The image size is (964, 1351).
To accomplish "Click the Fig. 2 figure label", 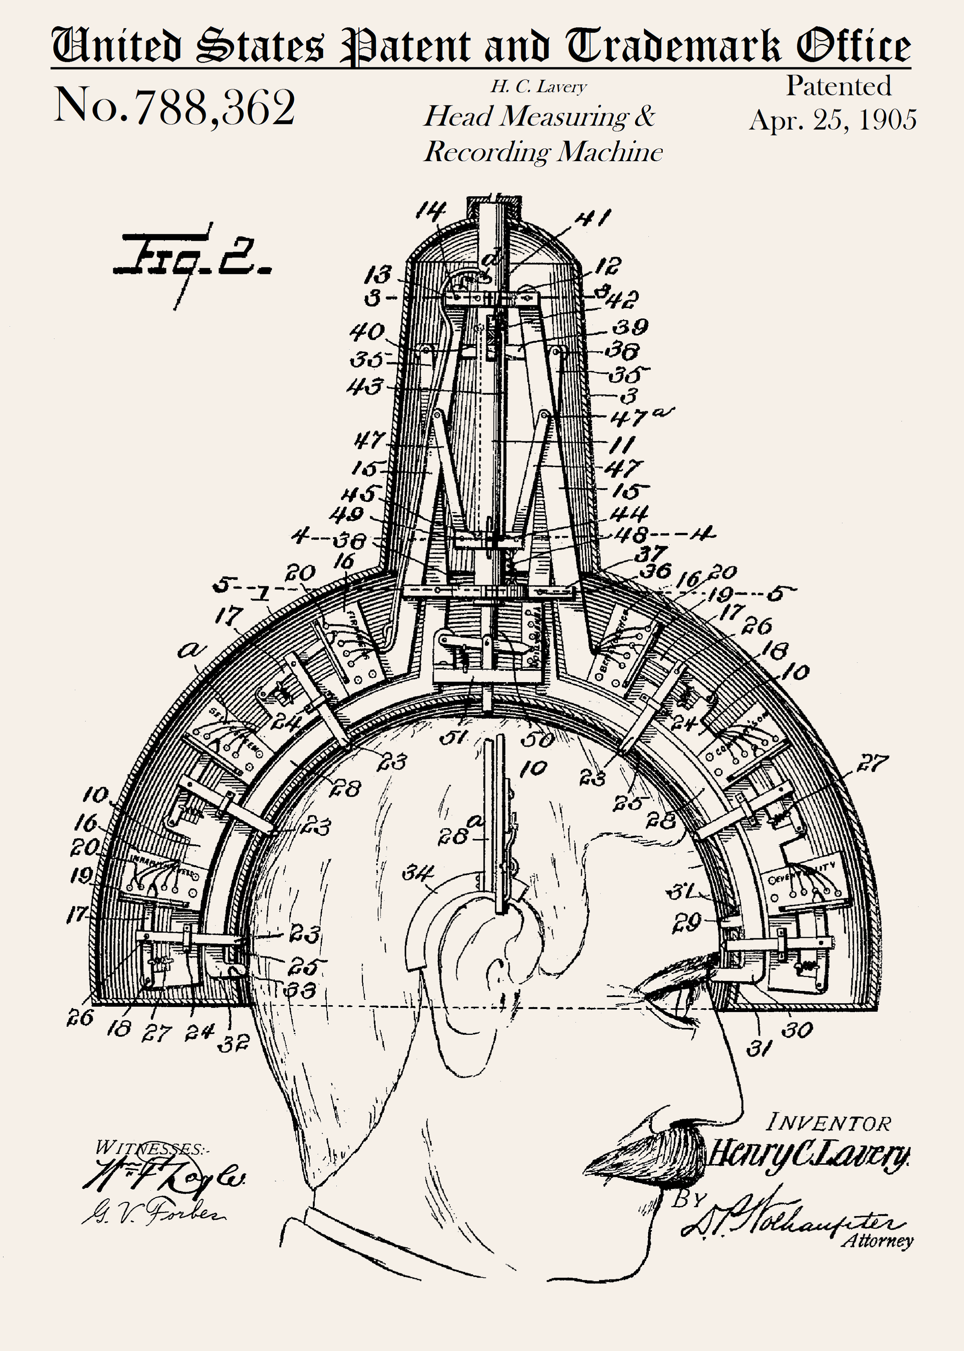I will pos(193,257).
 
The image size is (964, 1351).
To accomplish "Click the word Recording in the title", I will pos(487,152).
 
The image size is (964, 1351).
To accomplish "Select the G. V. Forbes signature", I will pos(154,1211).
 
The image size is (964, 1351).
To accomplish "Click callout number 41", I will pos(592,218).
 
